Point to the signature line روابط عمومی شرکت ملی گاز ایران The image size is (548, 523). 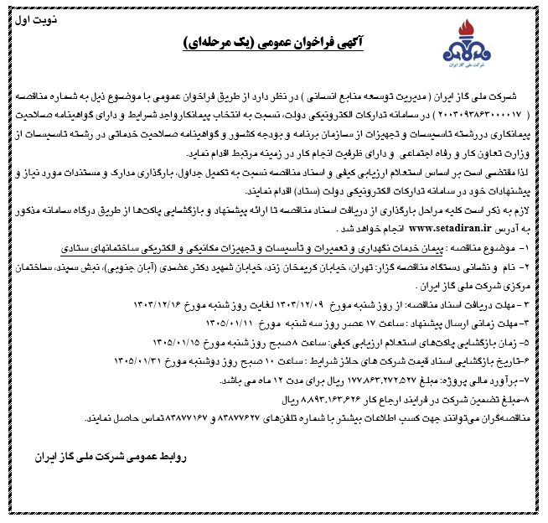116,458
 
